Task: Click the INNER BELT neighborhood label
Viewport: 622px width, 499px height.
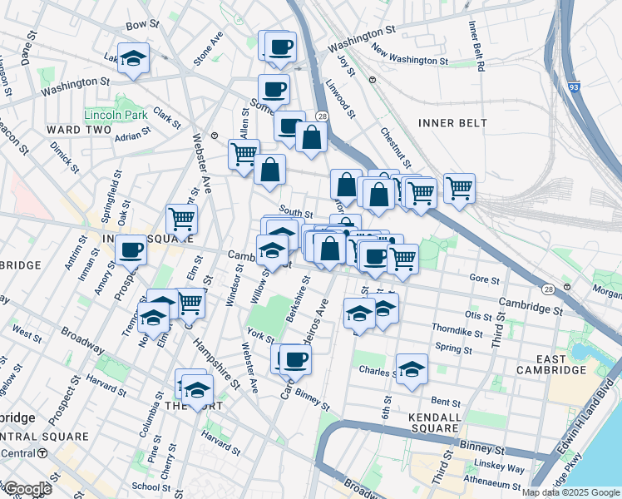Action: point(453,123)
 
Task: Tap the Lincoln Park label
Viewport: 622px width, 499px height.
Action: point(115,114)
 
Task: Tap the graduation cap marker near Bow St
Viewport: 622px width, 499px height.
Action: point(132,58)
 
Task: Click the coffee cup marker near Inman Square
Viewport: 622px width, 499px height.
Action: point(130,249)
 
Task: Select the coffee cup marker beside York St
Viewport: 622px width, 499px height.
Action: point(295,359)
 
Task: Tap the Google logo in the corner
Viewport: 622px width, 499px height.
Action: point(27,488)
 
